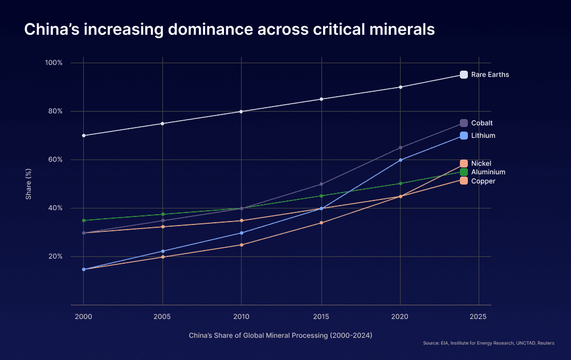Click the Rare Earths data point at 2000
point(84,136)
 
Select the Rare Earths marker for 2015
point(321,99)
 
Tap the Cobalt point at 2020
point(401,148)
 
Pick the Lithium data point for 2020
point(401,160)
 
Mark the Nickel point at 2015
point(321,223)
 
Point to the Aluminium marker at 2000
point(84,220)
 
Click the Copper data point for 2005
point(163,227)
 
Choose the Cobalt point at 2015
point(321,184)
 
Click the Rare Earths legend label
point(490,75)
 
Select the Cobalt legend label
point(482,123)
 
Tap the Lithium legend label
point(483,136)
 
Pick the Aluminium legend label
point(488,172)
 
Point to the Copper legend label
point(483,181)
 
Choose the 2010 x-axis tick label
point(242,316)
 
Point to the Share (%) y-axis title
point(28,184)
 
